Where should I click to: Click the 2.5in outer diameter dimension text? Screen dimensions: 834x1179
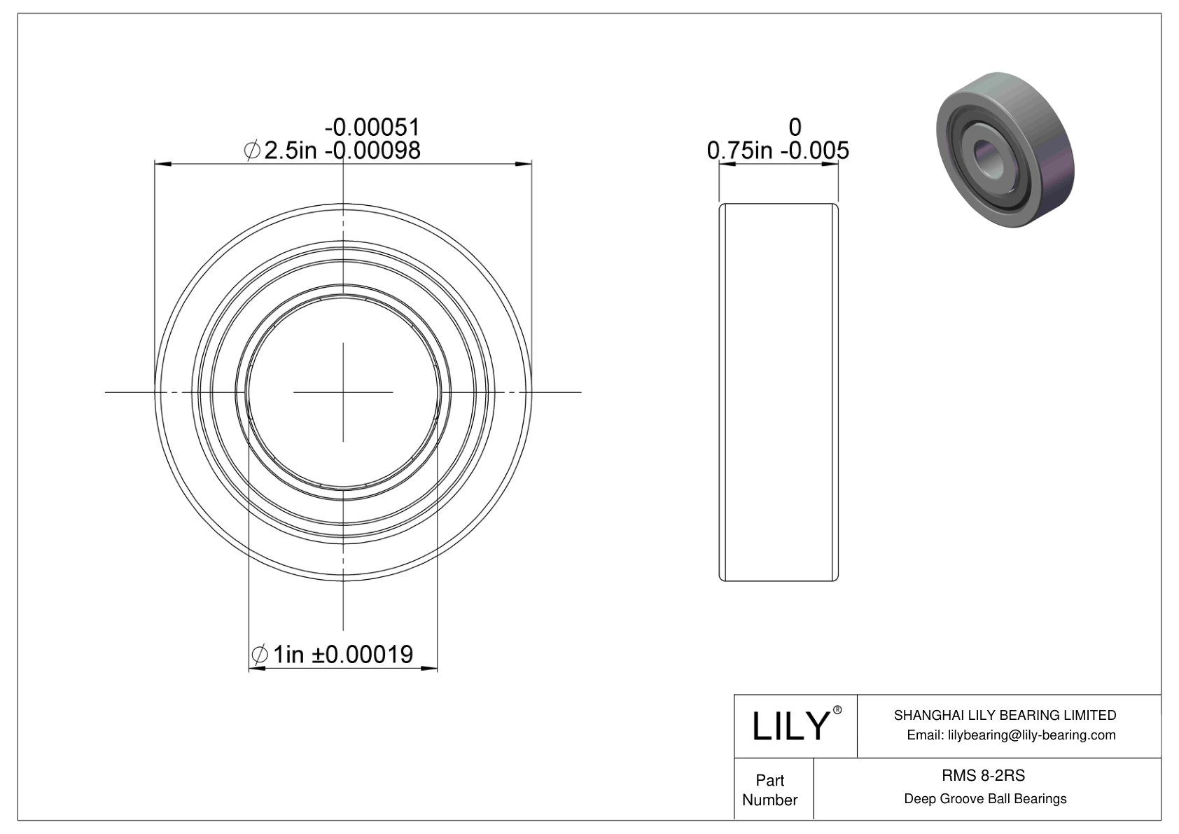click(291, 150)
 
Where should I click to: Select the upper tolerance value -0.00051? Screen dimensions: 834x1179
click(372, 127)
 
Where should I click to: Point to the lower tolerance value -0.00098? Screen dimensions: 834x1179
click(372, 150)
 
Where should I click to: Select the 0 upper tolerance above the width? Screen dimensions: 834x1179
click(795, 127)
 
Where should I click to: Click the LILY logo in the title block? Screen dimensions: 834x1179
click(790, 726)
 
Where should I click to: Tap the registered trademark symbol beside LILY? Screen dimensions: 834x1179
click(837, 710)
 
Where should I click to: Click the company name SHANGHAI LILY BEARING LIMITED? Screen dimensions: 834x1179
click(1005, 715)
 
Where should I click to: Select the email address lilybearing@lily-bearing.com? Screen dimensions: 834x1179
click(1011, 735)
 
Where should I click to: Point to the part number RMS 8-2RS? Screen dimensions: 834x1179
click(983, 775)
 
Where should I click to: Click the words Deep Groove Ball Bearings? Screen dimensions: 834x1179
click(985, 798)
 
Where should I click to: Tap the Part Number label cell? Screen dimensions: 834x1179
click(770, 789)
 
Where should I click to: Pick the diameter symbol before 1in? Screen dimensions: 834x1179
click(259, 655)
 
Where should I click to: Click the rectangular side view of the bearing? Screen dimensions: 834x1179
click(779, 392)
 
